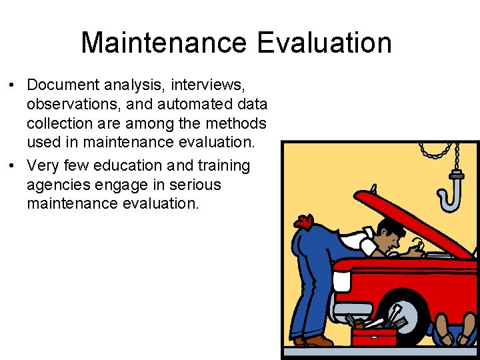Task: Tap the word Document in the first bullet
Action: (63, 85)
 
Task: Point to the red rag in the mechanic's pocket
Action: (303, 221)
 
